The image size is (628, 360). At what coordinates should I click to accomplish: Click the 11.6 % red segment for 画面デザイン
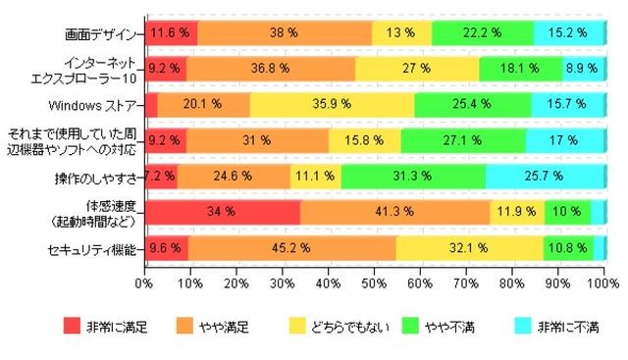point(171,32)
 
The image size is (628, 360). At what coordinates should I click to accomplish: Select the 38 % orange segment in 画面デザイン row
point(285,32)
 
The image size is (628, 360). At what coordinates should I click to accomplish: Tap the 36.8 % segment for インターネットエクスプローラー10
point(271,69)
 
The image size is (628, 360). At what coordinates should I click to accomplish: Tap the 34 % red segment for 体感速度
point(223,212)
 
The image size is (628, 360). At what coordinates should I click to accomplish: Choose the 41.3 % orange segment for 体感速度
point(395,212)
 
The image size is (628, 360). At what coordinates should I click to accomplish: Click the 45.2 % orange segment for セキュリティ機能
point(291,248)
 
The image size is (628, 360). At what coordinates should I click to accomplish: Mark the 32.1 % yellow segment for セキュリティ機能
point(469,248)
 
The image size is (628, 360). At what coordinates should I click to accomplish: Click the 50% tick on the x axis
point(375,284)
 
